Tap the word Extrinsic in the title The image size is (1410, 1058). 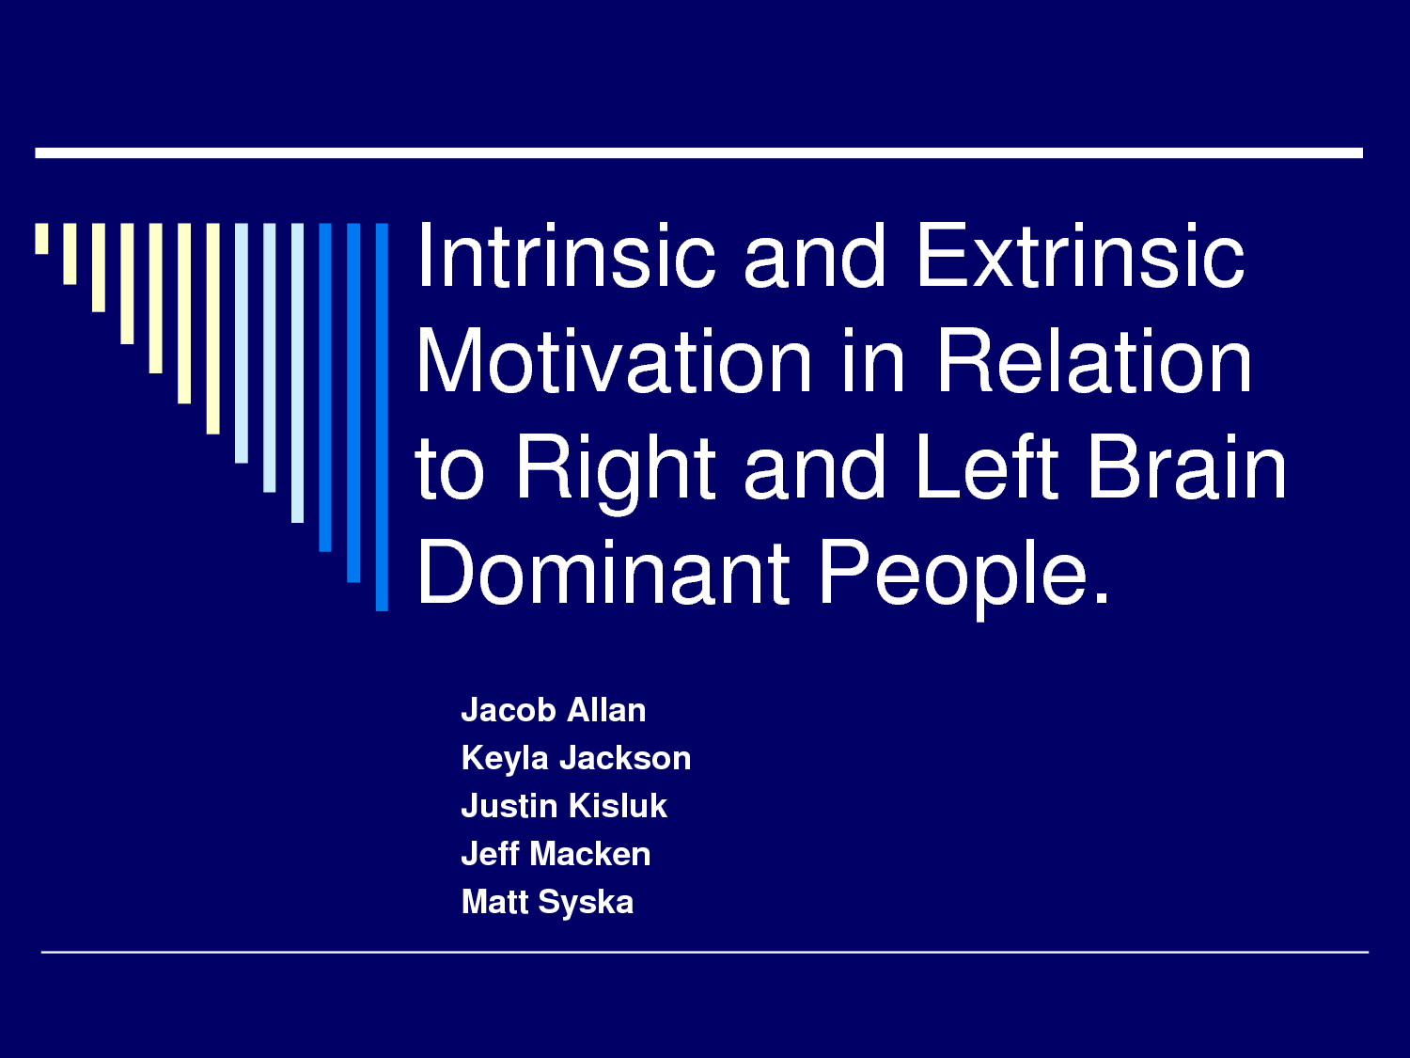pos(1081,255)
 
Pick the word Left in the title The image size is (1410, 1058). pos(987,466)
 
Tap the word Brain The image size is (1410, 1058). pos(1188,466)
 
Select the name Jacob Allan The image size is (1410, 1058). pos(554,710)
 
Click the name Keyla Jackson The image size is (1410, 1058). pos(576,758)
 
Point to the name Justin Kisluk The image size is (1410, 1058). pos(564,806)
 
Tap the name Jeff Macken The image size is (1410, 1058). pos(556,854)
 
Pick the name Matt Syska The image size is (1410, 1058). pos(547,902)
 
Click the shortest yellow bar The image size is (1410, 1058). pos(41,239)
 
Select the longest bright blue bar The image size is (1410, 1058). pos(382,417)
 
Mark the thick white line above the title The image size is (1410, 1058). pos(699,153)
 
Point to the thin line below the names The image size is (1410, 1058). pos(705,952)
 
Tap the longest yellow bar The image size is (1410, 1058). pos(212,329)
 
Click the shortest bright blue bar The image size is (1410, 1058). pos(325,387)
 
